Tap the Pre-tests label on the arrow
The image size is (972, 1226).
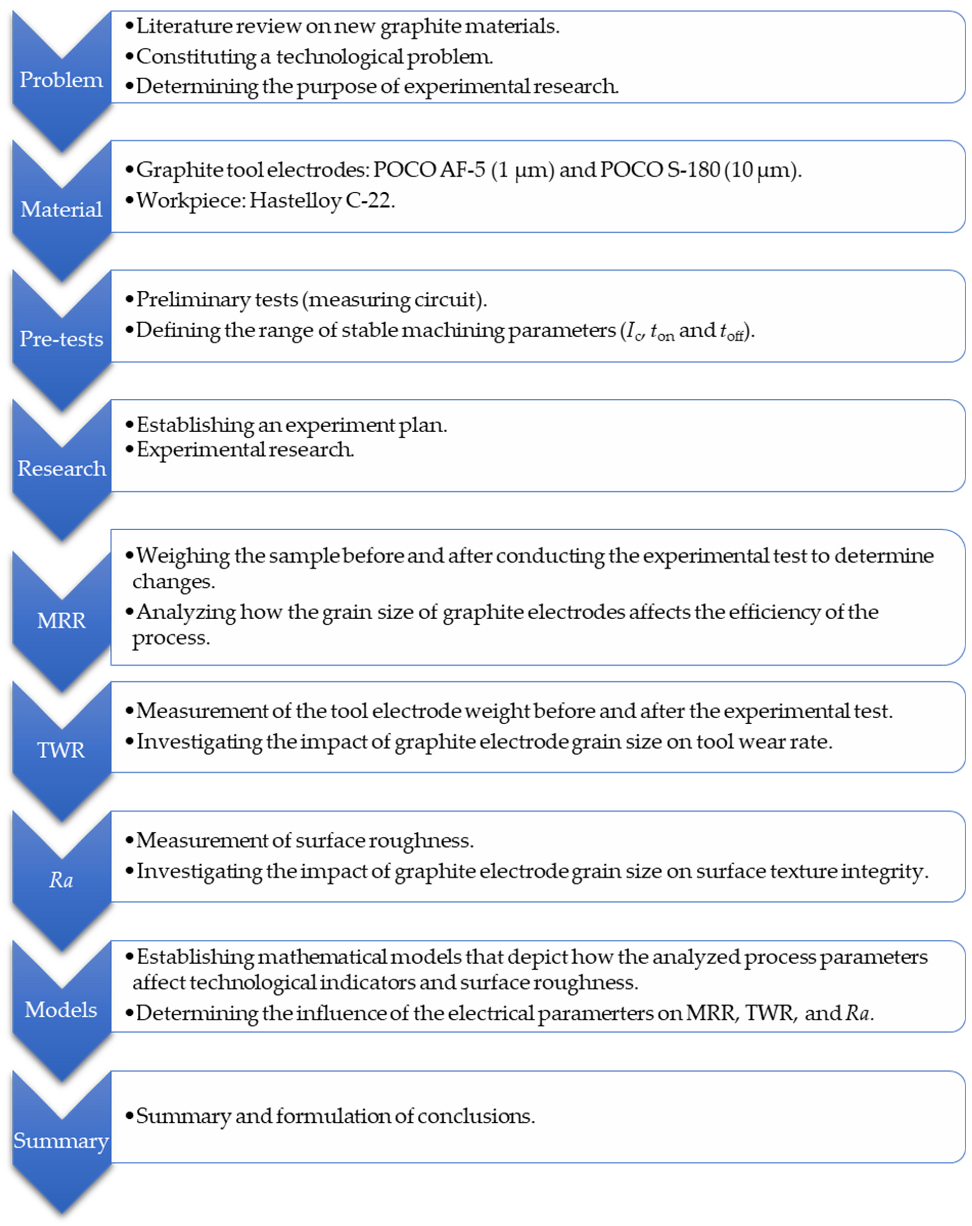[x=61, y=339]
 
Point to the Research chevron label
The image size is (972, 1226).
[x=61, y=468]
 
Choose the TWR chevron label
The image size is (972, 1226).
[x=61, y=750]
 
